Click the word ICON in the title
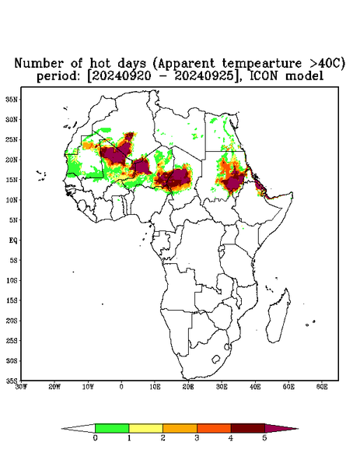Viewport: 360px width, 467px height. [x=265, y=76]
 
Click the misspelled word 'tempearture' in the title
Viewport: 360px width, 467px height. [x=257, y=63]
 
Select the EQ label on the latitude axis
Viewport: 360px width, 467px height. [x=13, y=240]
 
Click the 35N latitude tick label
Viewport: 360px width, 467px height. [x=12, y=99]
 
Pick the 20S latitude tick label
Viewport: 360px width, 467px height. [x=12, y=321]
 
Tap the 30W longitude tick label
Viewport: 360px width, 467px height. [x=21, y=387]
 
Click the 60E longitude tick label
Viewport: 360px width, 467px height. [x=322, y=387]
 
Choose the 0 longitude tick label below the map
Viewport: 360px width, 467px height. [x=121, y=387]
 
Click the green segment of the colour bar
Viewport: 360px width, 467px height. [x=112, y=428]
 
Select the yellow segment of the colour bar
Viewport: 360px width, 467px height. [x=145, y=428]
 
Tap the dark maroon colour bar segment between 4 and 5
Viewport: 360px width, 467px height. [x=248, y=428]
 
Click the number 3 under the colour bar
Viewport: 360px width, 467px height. [x=197, y=438]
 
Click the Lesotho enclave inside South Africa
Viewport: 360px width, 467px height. [x=216, y=359]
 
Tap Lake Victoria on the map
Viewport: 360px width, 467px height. [x=221, y=249]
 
